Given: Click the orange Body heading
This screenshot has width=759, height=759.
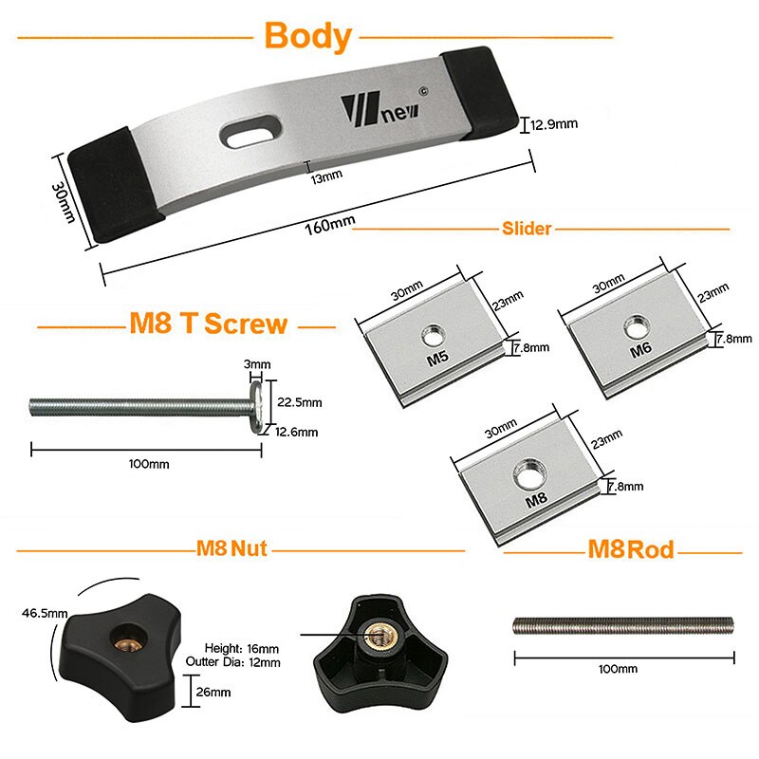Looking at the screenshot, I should tap(307, 37).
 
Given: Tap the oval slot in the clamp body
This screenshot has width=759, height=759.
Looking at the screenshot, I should tap(252, 134).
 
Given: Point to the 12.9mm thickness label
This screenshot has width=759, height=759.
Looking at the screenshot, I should tap(554, 124).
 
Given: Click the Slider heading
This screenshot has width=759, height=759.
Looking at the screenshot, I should tap(527, 229).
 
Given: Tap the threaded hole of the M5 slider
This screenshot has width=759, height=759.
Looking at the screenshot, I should tap(433, 332).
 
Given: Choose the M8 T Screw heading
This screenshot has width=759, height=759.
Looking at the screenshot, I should tap(208, 324).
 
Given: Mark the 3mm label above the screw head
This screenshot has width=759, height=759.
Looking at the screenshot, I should tap(256, 363).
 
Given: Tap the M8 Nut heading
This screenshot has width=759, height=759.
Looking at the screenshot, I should tap(231, 548).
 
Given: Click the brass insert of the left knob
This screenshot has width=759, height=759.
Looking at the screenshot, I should tap(123, 635).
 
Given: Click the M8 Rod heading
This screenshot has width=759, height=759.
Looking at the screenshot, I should tap(631, 548).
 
